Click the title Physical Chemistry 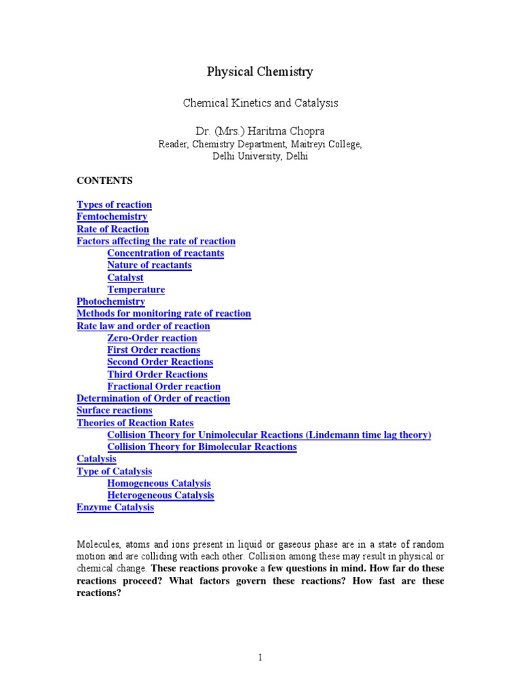(260, 72)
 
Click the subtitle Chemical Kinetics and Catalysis (260, 103)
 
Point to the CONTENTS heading (104, 181)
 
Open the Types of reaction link (114, 205)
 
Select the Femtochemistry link (112, 217)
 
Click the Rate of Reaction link (113, 229)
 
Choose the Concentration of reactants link (166, 253)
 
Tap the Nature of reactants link (149, 265)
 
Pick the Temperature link (136, 290)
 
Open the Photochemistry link (111, 301)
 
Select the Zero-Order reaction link (152, 338)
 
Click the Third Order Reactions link (157, 375)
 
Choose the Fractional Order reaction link (163, 387)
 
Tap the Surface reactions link (115, 411)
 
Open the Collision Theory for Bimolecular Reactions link (201, 447)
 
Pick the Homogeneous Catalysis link (159, 483)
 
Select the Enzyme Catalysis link (115, 508)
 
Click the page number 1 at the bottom (260, 658)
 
